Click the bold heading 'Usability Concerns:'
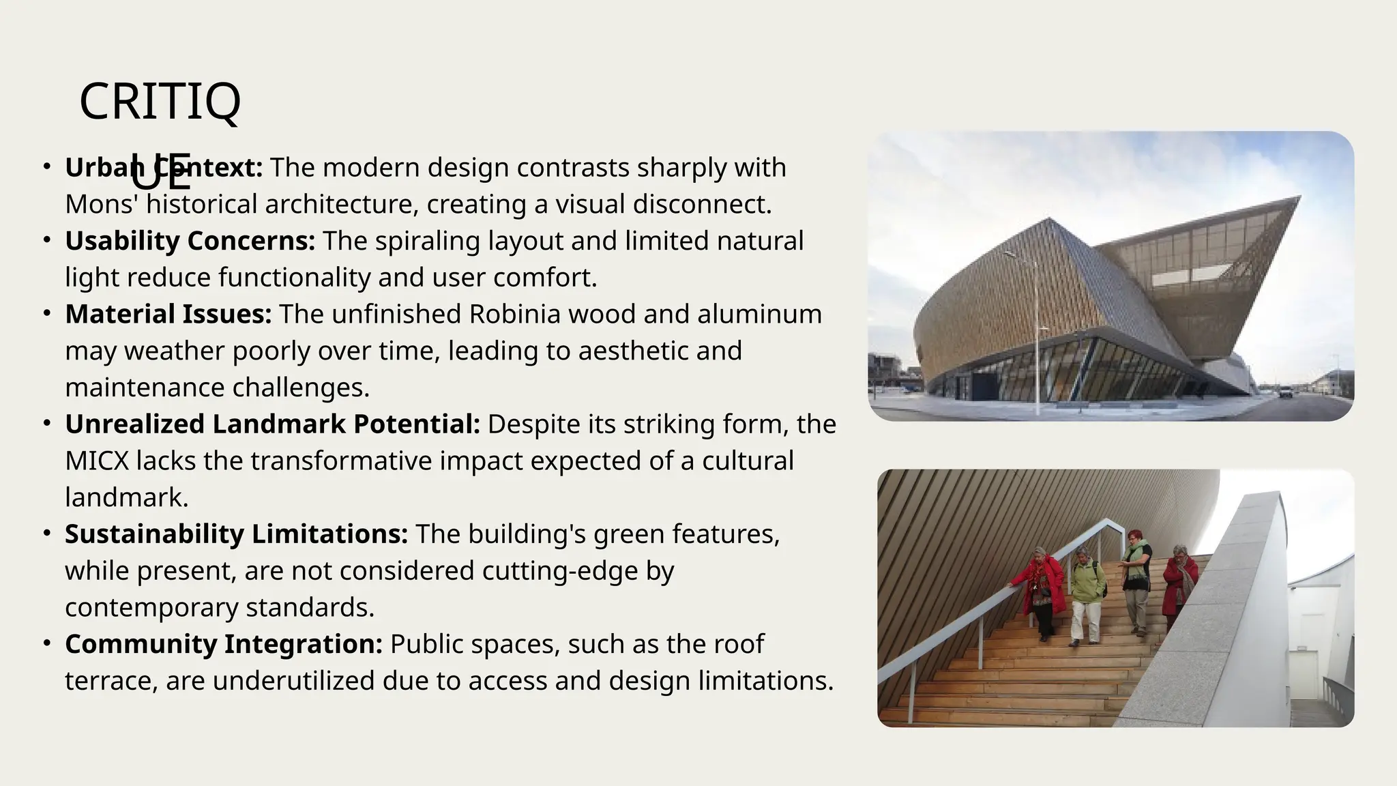pos(190,241)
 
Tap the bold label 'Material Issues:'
pos(168,315)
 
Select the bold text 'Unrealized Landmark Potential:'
pos(272,424)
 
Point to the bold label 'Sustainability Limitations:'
pos(236,534)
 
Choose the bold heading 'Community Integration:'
pos(224,644)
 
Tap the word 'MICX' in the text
pos(97,461)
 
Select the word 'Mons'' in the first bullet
pos(102,205)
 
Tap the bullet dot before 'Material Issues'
pos(46,314)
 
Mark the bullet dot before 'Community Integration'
pos(46,643)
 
